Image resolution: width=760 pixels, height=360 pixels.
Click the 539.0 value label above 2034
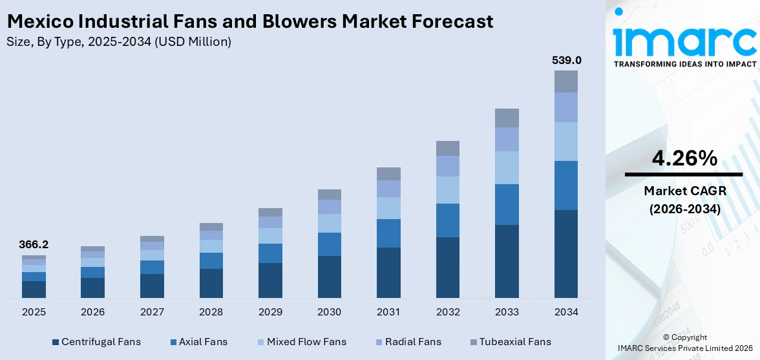566,60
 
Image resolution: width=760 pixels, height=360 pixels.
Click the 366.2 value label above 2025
34,245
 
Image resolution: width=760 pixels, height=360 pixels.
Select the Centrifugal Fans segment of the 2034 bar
566,253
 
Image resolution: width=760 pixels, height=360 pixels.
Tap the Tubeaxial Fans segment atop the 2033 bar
507,118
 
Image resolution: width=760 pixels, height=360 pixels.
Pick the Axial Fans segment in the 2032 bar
448,220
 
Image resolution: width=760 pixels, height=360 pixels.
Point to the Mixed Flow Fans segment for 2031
388,208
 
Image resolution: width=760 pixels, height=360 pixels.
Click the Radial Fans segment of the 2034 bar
566,107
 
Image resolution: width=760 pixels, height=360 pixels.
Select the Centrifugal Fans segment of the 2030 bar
329,277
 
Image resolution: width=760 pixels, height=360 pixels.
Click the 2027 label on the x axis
152,312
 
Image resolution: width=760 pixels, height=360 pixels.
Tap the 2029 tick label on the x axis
270,312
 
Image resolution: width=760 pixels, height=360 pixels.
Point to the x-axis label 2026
92,312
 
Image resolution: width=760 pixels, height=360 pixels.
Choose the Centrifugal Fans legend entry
96,342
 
